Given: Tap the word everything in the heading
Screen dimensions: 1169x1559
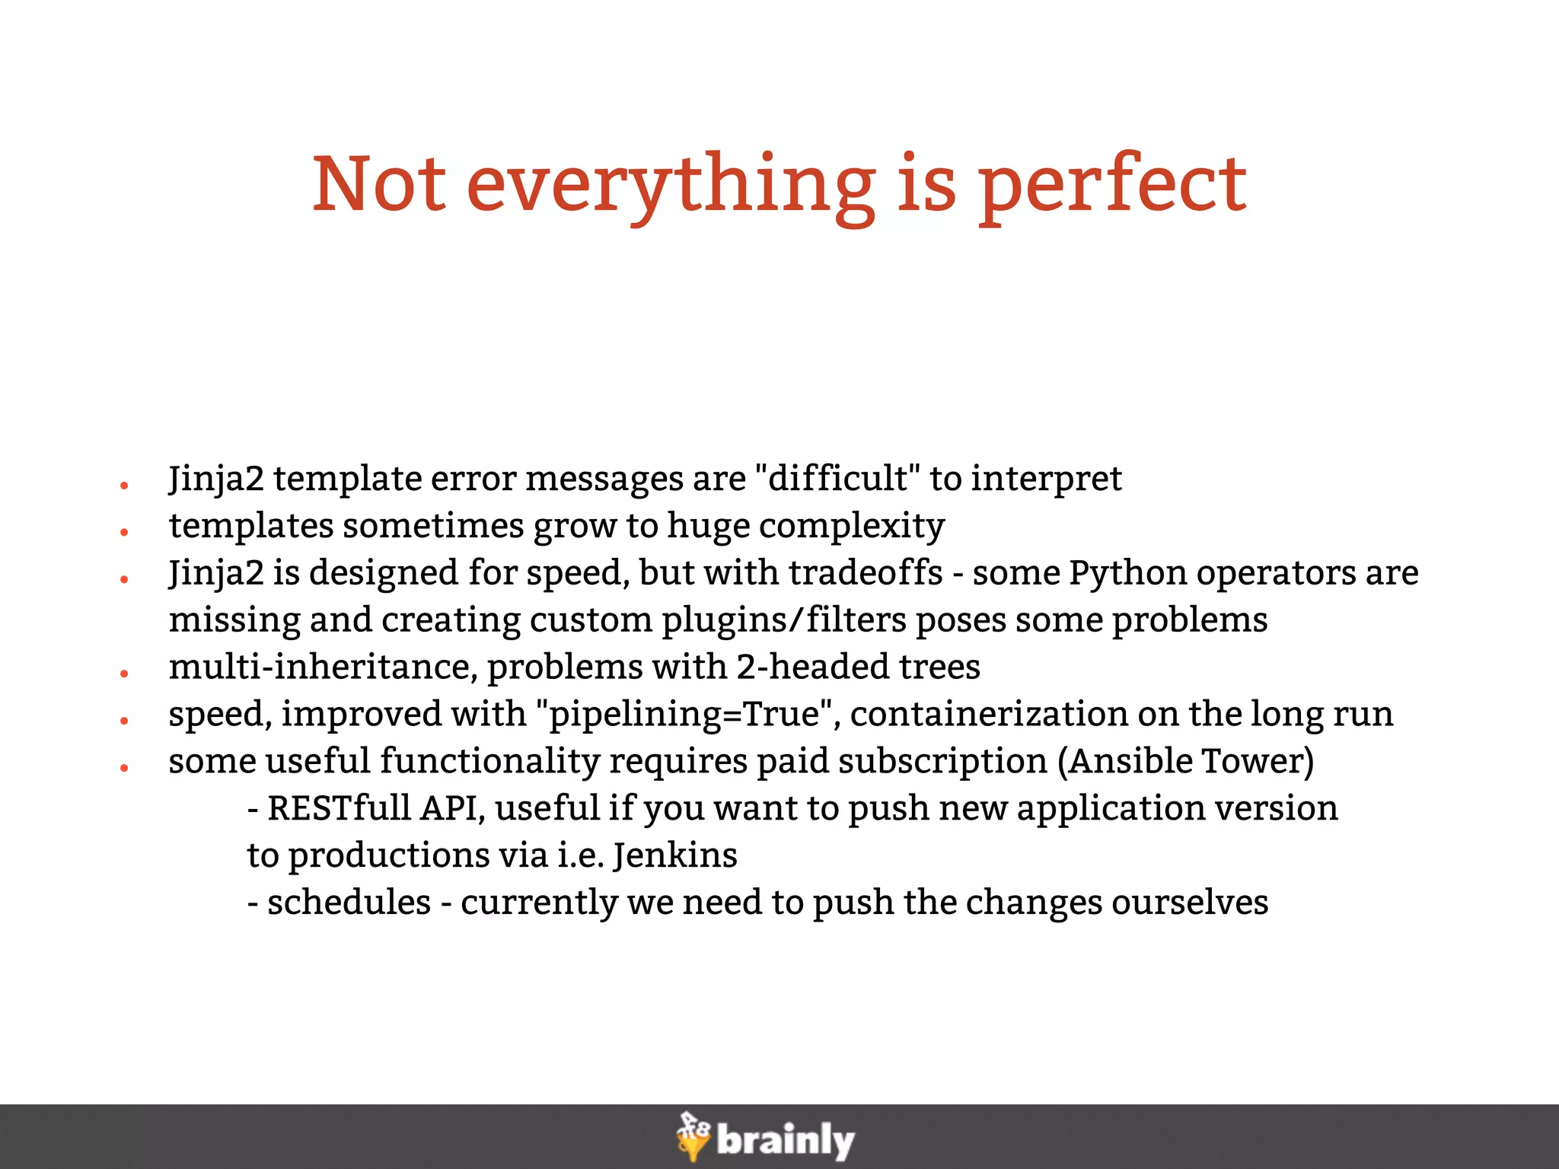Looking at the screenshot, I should [x=670, y=186].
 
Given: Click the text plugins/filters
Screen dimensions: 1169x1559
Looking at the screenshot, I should [x=783, y=620].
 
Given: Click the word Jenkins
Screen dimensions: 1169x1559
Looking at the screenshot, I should [x=674, y=855].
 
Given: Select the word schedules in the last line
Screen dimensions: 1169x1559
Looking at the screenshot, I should [x=349, y=903].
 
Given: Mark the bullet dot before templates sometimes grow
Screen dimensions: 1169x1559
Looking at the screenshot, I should [x=123, y=532].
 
